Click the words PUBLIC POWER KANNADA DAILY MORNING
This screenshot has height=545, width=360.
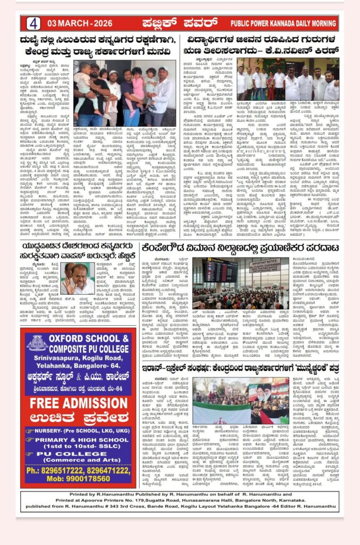pos(283,23)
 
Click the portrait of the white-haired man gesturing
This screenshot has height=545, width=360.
pos(75,278)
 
